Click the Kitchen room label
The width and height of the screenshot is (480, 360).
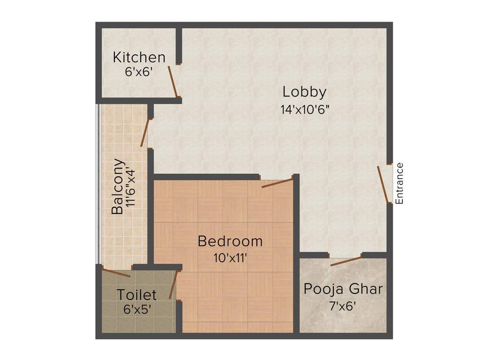pos(139,58)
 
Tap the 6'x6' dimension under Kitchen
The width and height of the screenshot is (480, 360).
pos(139,72)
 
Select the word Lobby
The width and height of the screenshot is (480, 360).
pos(307,92)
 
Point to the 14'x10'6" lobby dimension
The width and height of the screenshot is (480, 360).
pos(307,110)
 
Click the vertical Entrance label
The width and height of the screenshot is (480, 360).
pos(399,183)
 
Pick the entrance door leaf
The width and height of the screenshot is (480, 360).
pos(384,185)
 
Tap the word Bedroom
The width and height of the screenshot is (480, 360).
pos(230,241)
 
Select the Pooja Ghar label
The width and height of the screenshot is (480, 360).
pos(343,289)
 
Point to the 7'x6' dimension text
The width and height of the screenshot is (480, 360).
pos(343,307)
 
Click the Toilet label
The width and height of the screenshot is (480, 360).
pos(136,295)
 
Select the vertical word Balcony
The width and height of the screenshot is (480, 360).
pos(118,187)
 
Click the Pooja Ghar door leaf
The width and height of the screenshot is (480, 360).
pos(346,261)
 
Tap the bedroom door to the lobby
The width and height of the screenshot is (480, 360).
pos(277,182)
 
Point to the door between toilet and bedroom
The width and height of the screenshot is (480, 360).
pos(173,284)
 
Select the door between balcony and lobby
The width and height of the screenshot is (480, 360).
pos(145,132)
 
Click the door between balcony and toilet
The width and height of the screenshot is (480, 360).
pos(116,273)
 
